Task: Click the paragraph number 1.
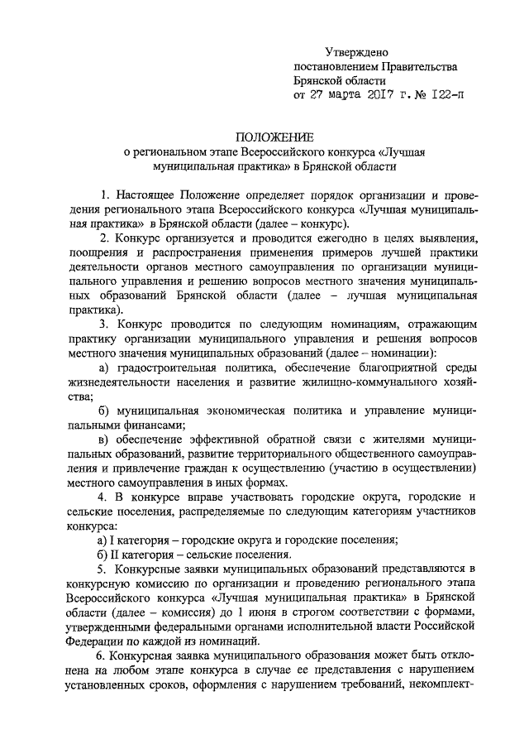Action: [x=104, y=194]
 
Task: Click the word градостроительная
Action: [x=169, y=367]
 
